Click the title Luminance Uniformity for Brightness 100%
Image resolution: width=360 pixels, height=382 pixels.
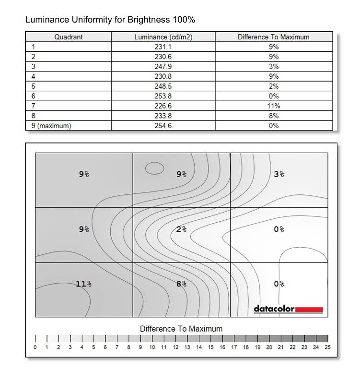(110, 20)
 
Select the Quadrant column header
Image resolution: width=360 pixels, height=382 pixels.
(68, 37)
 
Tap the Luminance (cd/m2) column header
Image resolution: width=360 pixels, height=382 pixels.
(163, 37)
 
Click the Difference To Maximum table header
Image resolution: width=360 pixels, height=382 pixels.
(273, 37)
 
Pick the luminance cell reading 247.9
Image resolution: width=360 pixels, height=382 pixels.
(163, 67)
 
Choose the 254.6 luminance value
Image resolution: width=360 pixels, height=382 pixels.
(163, 126)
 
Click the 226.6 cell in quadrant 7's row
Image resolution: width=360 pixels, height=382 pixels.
(163, 106)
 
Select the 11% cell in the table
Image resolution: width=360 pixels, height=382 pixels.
(274, 106)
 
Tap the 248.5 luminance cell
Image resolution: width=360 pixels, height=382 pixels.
(163, 86)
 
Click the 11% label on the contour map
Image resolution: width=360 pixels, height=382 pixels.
(83, 284)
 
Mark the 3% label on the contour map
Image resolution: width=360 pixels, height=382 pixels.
(279, 174)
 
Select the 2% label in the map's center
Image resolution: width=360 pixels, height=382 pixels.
(181, 229)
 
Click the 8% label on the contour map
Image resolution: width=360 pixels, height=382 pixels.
(181, 284)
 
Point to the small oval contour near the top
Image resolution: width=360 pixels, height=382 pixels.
(154, 168)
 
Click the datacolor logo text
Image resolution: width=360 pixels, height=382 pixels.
(274, 309)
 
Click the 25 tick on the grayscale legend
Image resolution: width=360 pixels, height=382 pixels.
(328, 347)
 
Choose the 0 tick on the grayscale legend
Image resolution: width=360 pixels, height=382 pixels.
(35, 347)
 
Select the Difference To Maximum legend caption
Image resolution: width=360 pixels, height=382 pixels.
(181, 329)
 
